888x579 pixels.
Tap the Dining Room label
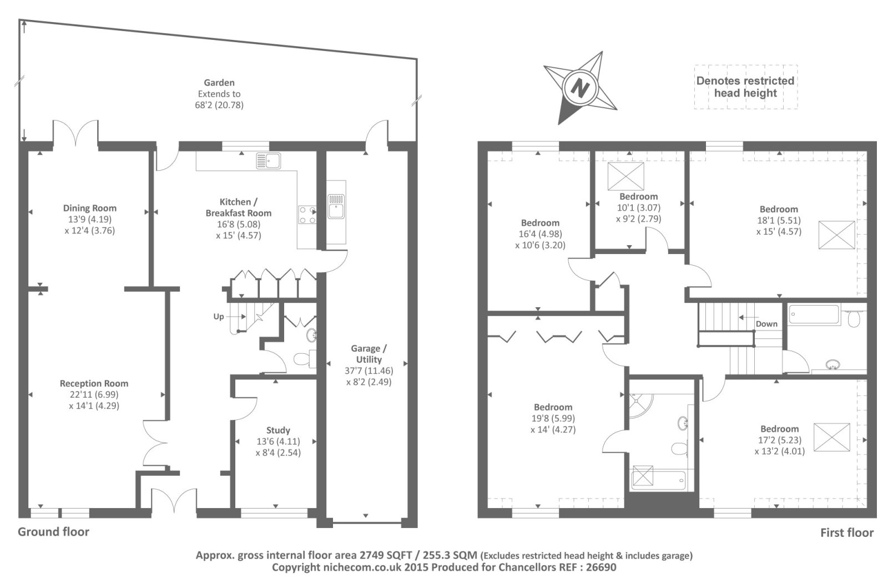90,208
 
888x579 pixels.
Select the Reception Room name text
94,383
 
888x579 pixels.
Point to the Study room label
278,430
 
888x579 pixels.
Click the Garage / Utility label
369,354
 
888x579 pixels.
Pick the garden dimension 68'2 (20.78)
219,105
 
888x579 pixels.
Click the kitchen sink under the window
269,161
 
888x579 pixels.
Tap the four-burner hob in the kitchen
307,215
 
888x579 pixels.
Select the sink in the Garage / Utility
336,206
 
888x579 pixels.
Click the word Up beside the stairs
219,317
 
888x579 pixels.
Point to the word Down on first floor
766,324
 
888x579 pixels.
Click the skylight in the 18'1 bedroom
836,235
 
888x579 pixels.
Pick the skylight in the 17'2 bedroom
832,437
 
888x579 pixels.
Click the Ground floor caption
53,532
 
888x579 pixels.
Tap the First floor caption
847,532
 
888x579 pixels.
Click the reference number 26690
601,567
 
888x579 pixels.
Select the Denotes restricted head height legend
746,87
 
